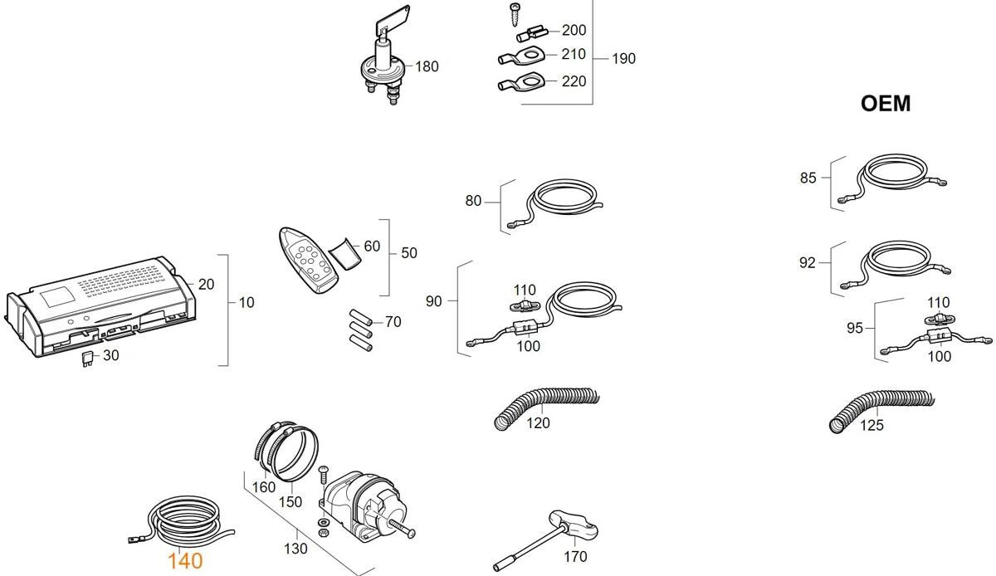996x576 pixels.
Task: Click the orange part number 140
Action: pyautogui.click(x=184, y=561)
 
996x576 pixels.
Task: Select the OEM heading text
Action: pyautogui.click(x=886, y=104)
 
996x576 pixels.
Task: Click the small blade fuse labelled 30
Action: pyautogui.click(x=87, y=359)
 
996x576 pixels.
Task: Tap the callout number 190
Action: pyautogui.click(x=623, y=59)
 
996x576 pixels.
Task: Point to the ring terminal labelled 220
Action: pyautogui.click(x=519, y=83)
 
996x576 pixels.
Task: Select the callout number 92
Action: pyautogui.click(x=808, y=263)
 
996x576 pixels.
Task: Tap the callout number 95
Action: pyautogui.click(x=855, y=328)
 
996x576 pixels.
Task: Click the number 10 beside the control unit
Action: pyautogui.click(x=247, y=303)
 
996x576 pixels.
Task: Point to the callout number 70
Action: pyautogui.click(x=393, y=322)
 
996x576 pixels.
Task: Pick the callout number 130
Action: pyautogui.click(x=295, y=548)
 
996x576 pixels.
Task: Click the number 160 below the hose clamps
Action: pyautogui.click(x=264, y=487)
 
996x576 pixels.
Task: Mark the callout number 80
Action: pyautogui.click(x=473, y=201)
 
